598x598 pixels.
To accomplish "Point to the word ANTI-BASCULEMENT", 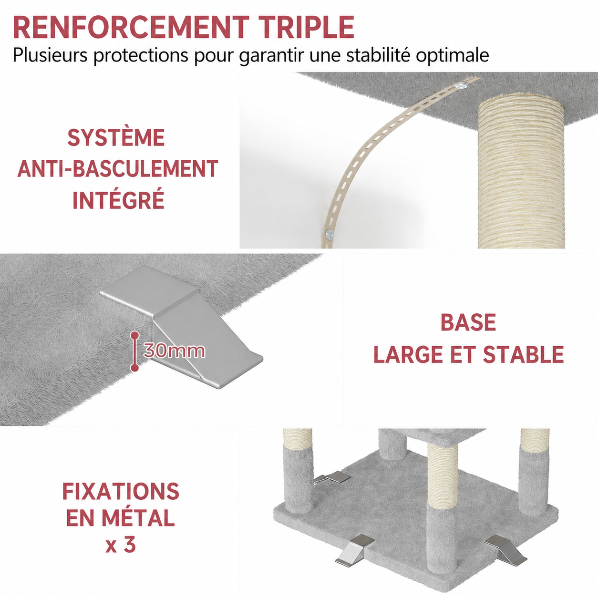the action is (x=118, y=169).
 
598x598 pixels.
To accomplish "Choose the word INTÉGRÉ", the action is (x=118, y=200).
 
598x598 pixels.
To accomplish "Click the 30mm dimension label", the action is (x=174, y=351).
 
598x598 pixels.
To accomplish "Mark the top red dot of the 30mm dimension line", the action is (x=134, y=335).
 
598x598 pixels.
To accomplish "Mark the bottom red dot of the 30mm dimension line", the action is (x=134, y=367).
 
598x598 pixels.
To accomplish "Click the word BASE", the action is (x=468, y=322).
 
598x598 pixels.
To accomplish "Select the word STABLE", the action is (x=524, y=354).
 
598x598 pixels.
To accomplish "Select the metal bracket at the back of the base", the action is (x=332, y=487).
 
